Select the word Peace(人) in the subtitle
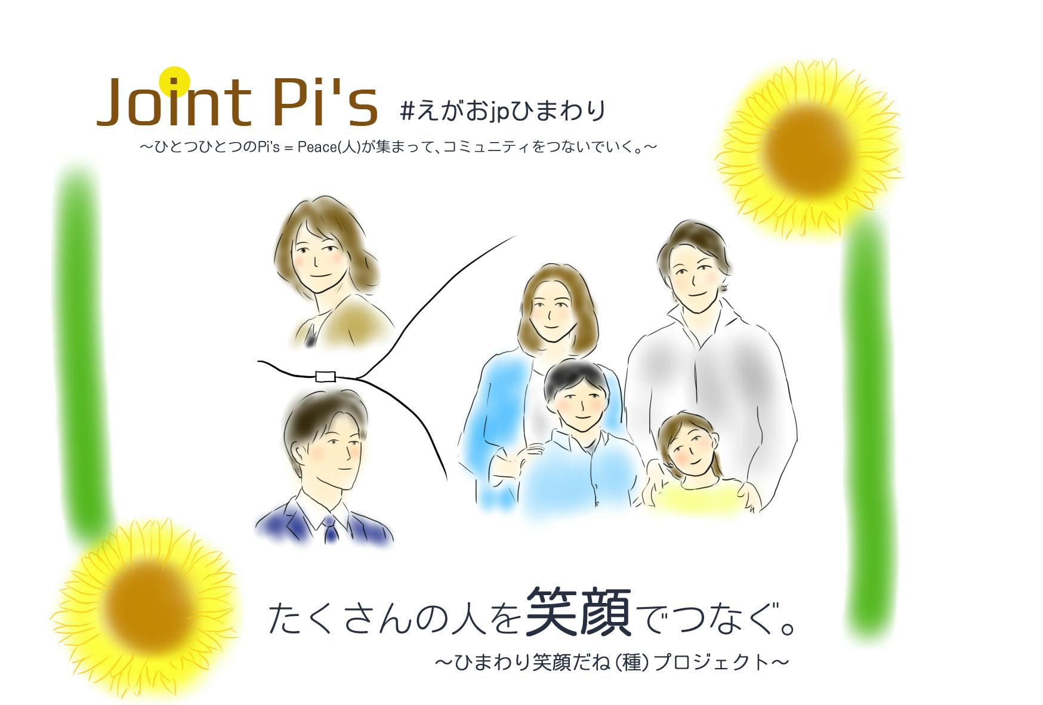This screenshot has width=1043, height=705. pos(329,146)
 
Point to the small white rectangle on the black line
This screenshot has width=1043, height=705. pos(325,376)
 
